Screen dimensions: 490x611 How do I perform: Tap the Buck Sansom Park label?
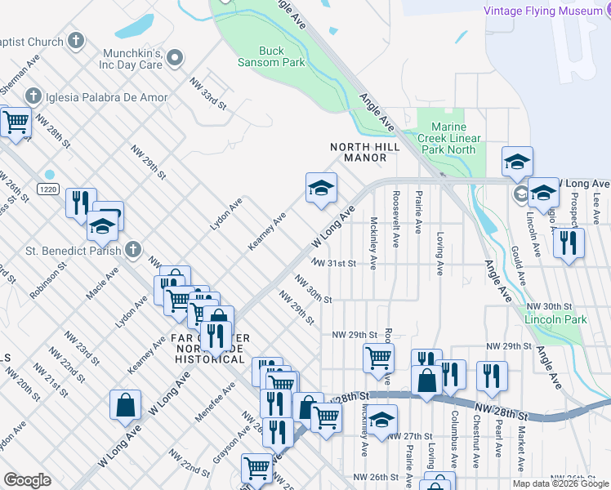coord(271,56)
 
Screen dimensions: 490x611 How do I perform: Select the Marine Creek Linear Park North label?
coord(448,138)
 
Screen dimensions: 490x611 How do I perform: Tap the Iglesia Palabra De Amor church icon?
coord(33,97)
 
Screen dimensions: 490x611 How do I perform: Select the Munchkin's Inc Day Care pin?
coord(176,57)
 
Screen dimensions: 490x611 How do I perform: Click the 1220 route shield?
coord(46,189)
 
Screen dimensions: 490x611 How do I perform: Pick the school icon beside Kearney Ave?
coord(321,189)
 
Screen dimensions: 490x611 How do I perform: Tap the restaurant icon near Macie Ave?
coord(79,202)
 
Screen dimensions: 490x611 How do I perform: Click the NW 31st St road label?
coord(334,263)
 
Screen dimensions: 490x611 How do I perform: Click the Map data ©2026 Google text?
coord(560,483)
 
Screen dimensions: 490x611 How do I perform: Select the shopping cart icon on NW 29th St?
coord(378,357)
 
